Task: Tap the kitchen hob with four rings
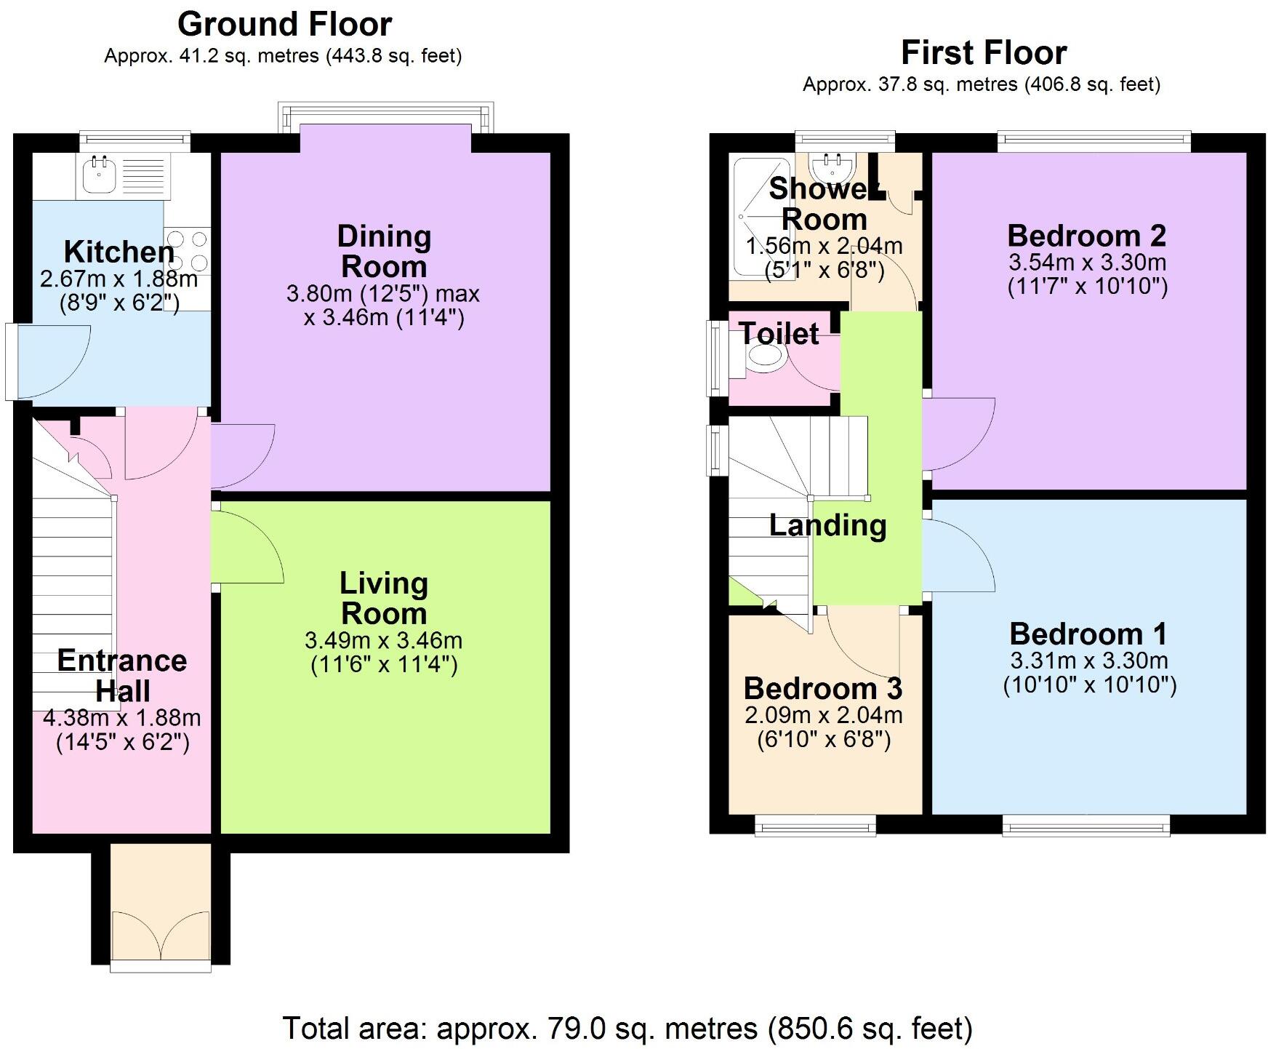coord(188,251)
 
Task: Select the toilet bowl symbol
coord(766,357)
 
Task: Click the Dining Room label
coord(384,252)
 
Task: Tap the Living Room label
coord(384,598)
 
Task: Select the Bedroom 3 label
coord(822,687)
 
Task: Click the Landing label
coord(827,525)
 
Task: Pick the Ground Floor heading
coord(284,24)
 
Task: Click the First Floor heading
coord(983,52)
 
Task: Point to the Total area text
coord(627,1029)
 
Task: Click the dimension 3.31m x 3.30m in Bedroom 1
coord(1088,661)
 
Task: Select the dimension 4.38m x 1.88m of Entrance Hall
coord(122,718)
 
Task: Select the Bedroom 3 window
coord(815,824)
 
